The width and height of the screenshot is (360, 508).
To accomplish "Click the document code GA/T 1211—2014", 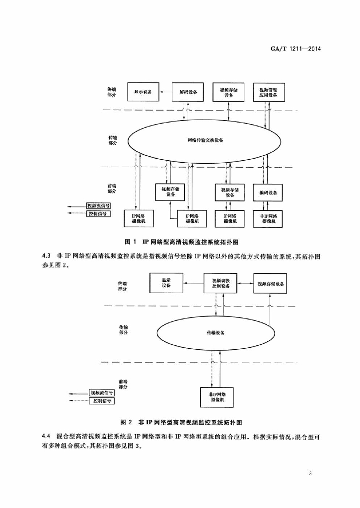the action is (x=295, y=49).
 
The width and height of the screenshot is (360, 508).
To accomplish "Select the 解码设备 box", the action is (x=188, y=92).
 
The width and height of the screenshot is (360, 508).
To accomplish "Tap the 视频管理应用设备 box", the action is (x=269, y=92).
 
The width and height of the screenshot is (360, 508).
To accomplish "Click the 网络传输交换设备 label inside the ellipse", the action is (x=205, y=140).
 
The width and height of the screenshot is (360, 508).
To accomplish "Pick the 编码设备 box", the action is (x=268, y=192).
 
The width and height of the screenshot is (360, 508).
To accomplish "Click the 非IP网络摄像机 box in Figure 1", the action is (x=268, y=219).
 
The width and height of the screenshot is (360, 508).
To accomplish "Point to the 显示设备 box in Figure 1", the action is (x=143, y=92).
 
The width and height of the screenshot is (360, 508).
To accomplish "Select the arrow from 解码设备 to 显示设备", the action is (x=165, y=92).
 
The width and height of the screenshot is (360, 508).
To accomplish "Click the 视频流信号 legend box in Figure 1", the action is (x=98, y=206).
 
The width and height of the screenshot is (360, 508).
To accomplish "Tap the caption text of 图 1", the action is (x=182, y=242).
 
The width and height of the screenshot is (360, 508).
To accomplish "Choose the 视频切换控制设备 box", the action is (x=220, y=283).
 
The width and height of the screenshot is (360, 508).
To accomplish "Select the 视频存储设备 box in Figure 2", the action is (x=270, y=284).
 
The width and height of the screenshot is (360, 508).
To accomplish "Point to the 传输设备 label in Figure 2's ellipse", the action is (x=216, y=333).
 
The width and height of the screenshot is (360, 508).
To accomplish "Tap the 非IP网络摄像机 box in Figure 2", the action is (x=217, y=397).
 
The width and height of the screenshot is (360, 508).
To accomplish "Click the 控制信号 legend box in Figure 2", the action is (x=102, y=401).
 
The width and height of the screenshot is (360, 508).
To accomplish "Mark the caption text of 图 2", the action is (x=181, y=423).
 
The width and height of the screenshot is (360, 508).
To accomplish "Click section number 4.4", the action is (x=47, y=437).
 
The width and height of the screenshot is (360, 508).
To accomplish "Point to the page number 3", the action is (x=310, y=474).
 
